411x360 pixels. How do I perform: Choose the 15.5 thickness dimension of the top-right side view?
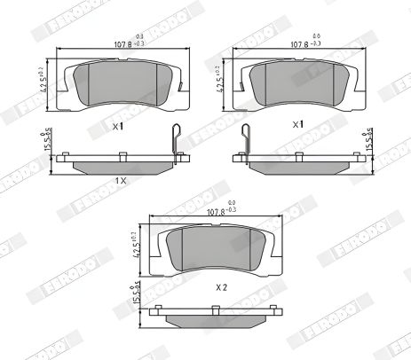pyautogui.click(x=369, y=142)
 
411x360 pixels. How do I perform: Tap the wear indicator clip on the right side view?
pyautogui.click(x=246, y=142)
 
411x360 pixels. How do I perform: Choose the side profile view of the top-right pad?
pyautogui.click(x=297, y=160)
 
